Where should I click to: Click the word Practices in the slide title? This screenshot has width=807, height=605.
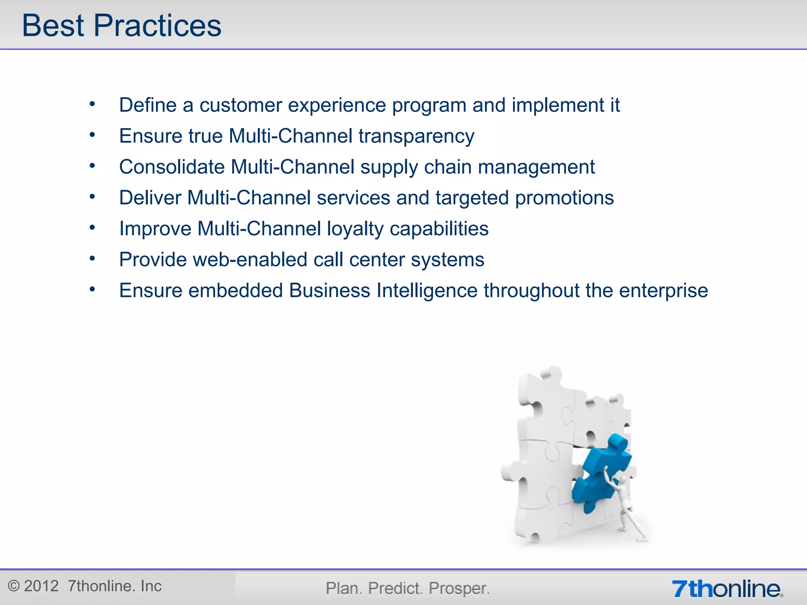click(x=157, y=26)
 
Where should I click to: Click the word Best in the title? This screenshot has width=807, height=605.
click(x=53, y=26)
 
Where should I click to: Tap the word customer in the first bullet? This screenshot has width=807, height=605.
click(x=240, y=105)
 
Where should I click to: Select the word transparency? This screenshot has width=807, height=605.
click(x=416, y=136)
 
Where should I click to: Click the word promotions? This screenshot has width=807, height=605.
click(x=564, y=198)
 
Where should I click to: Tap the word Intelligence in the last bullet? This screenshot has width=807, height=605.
click(x=427, y=291)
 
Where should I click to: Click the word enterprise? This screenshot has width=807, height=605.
click(x=663, y=291)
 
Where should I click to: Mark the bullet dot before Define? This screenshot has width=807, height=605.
click(x=92, y=104)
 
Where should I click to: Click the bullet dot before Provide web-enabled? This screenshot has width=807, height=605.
click(x=92, y=258)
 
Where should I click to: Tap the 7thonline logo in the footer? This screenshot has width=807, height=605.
click(x=727, y=589)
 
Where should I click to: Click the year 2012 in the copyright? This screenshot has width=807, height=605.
click(x=41, y=586)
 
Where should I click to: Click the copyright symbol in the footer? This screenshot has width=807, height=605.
click(x=14, y=586)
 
